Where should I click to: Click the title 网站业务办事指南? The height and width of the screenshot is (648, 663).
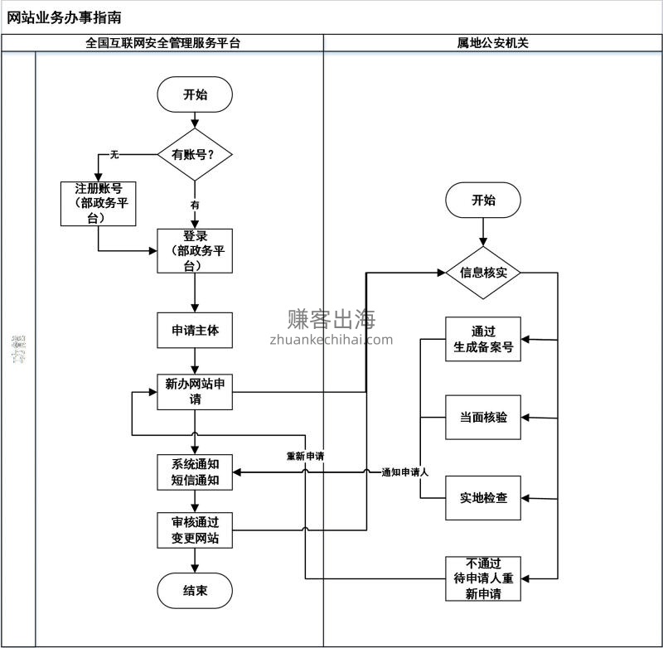(64, 17)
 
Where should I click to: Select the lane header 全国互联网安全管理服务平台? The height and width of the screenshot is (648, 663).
(162, 43)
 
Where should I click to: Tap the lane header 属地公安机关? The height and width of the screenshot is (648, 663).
(492, 43)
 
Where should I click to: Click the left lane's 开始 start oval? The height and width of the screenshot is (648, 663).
(195, 94)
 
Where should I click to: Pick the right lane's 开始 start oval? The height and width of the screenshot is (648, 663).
(483, 200)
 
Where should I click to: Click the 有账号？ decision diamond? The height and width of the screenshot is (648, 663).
(195, 155)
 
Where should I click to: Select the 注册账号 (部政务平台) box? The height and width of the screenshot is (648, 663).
(99, 203)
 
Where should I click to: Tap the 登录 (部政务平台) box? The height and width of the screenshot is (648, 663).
(195, 251)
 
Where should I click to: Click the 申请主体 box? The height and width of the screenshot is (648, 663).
(195, 330)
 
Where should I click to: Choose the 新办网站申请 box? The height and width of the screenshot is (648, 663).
(195, 391)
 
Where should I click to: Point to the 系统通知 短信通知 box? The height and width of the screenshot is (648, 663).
(195, 471)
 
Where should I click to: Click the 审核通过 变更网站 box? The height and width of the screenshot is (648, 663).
(195, 530)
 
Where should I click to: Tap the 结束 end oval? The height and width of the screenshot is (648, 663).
(195, 591)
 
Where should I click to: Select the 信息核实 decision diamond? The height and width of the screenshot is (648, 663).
(483, 272)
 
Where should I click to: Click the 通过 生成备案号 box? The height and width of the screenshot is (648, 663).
(483, 339)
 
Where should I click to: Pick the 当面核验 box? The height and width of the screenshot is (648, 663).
(483, 418)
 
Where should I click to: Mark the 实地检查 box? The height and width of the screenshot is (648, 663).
(483, 498)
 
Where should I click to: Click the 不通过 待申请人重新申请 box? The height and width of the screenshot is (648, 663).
(483, 578)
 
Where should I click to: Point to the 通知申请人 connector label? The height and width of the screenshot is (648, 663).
(404, 471)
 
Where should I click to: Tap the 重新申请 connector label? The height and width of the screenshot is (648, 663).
(305, 457)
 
